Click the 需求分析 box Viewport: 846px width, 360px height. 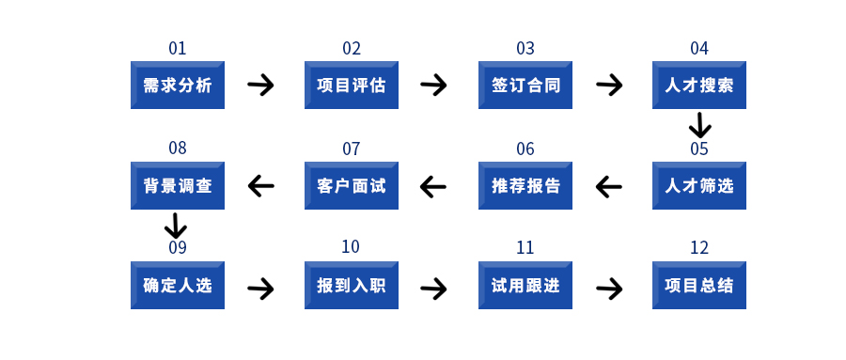[x=177, y=86]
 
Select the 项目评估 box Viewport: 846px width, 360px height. [x=352, y=86]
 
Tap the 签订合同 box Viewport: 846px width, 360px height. [x=525, y=86]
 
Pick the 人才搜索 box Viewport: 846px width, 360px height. [x=699, y=86]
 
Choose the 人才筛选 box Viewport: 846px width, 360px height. [x=699, y=185]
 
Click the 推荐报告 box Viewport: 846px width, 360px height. [x=525, y=185]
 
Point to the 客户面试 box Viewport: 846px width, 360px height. [x=352, y=185]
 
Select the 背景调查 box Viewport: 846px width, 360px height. [x=177, y=185]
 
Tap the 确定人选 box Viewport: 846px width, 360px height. [x=177, y=285]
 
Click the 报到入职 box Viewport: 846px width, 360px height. [x=352, y=285]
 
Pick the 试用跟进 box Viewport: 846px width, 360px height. [x=525, y=285]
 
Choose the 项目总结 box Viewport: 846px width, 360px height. [x=699, y=285]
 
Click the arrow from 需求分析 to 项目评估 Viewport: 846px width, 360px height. [x=261, y=86]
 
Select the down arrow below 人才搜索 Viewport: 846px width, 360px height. [x=699, y=125]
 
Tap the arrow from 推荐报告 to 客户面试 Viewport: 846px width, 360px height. [x=433, y=186]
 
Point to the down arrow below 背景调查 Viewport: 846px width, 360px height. [x=176, y=226]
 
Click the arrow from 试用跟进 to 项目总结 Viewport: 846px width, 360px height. [x=609, y=289]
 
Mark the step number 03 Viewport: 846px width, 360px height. [x=525, y=49]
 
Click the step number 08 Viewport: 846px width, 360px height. [x=178, y=149]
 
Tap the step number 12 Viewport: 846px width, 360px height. [x=699, y=248]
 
